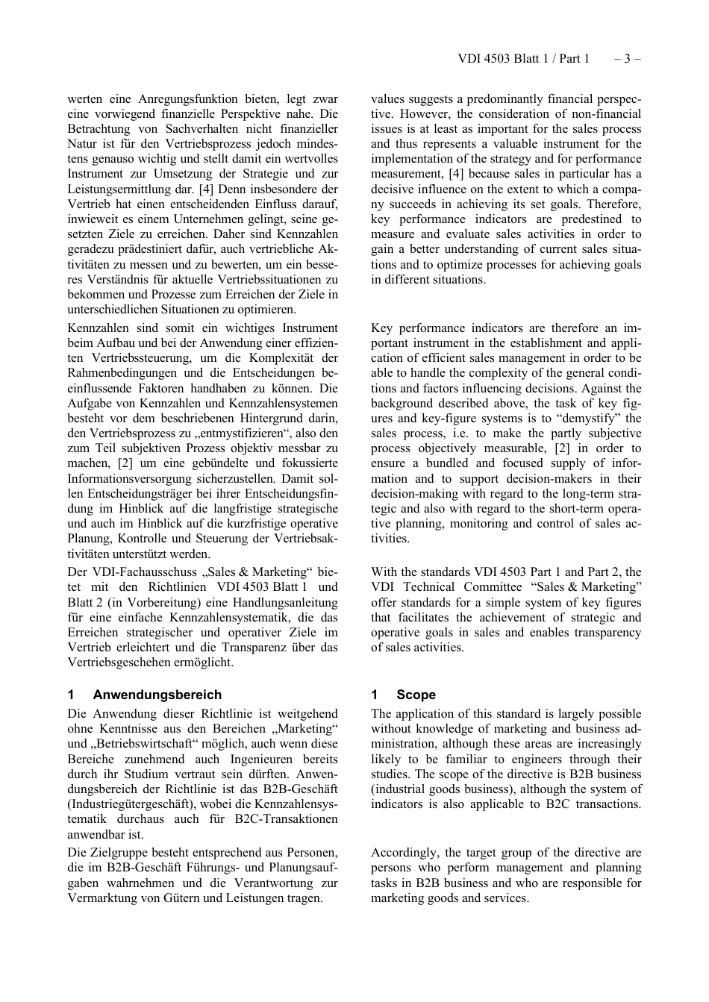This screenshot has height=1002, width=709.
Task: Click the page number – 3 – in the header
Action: [x=628, y=59]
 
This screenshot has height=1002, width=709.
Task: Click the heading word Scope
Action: [x=416, y=695]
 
